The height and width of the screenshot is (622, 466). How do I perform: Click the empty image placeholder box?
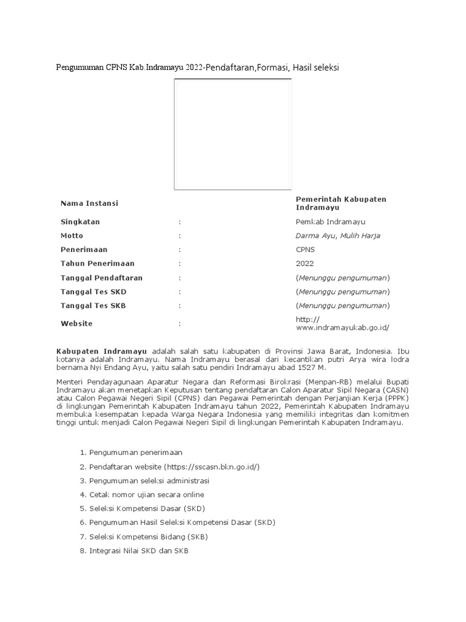pos(232,134)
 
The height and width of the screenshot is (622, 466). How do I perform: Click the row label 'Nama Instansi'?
pos(89,203)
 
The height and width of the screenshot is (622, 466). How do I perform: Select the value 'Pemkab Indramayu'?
pos(331,222)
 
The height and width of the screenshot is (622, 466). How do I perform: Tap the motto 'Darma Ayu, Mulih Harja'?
pos(338,236)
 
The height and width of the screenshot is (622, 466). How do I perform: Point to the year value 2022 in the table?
pos(305,264)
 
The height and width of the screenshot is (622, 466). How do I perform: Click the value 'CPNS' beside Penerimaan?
pos(306,250)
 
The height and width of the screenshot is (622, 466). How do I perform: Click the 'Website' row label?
pos(76,324)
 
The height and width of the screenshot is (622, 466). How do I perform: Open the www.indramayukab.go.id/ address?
pos(343,327)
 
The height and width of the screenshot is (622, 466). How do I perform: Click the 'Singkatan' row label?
pos(80,222)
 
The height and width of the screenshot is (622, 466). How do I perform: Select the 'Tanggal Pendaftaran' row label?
pos(101,278)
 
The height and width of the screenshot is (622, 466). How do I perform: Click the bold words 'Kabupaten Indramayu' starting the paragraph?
pos(102,351)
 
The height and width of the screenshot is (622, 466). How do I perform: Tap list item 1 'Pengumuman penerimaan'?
pos(135,453)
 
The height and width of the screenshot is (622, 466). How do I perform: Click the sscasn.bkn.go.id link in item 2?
pos(212,466)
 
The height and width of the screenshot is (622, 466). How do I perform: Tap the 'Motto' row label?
pos(72,236)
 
